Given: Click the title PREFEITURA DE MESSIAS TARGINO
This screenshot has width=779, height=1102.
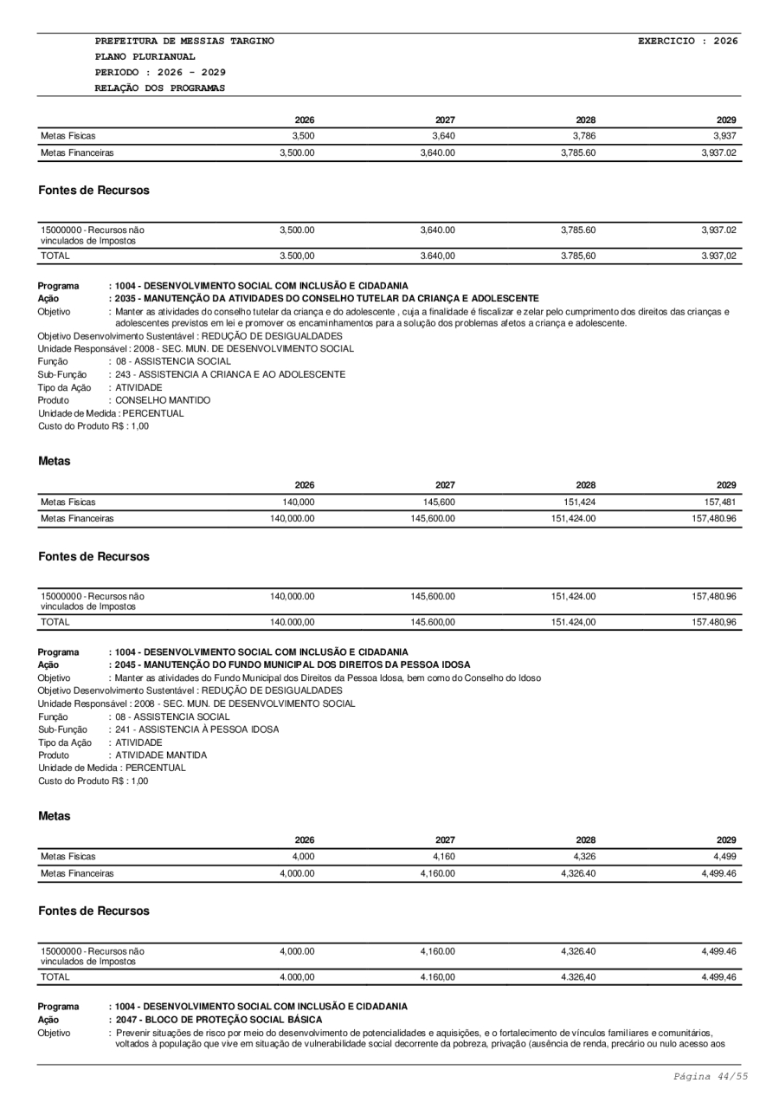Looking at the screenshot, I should tap(184, 41).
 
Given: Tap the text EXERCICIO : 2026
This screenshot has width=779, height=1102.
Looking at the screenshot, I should tap(687, 41).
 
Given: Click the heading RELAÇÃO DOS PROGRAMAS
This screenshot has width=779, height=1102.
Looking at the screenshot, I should tap(160, 88).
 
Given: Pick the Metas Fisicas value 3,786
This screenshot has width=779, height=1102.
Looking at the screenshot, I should tap(584, 136).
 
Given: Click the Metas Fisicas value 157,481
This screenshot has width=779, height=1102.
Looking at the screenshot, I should tap(720, 502).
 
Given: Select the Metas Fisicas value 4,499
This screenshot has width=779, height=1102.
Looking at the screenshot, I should tap(724, 857).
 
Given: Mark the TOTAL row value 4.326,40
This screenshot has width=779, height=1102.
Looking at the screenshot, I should tap(577, 977).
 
